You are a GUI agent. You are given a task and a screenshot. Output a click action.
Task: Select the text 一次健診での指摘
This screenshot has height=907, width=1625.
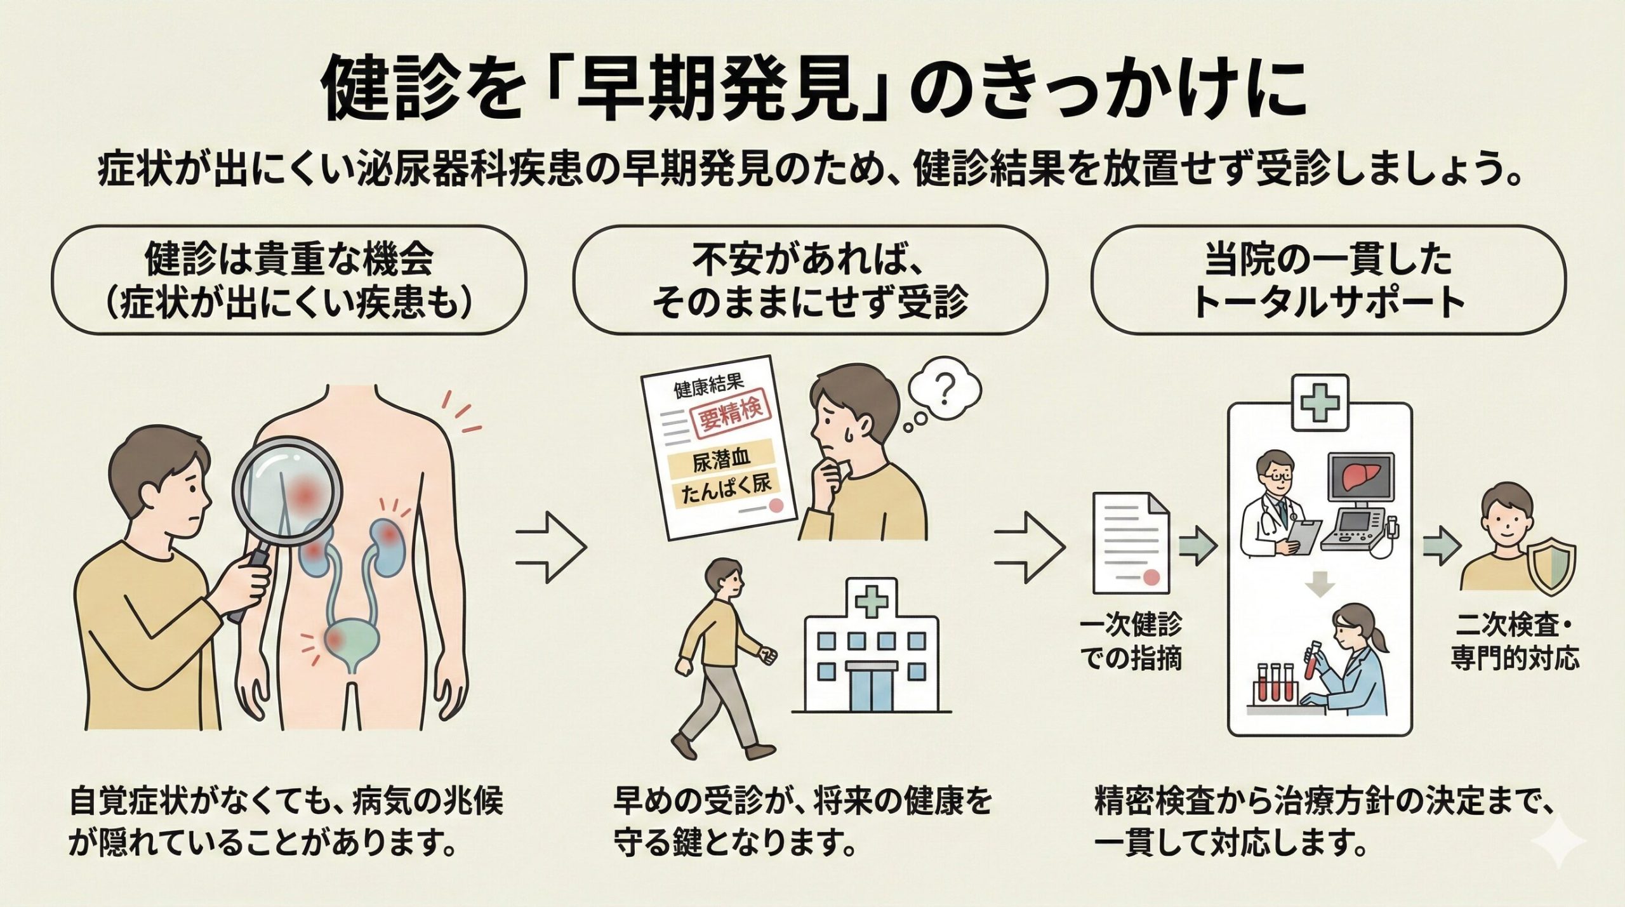click(1131, 642)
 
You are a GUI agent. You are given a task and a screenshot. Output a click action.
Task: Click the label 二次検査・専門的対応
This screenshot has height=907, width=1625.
click(1514, 644)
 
